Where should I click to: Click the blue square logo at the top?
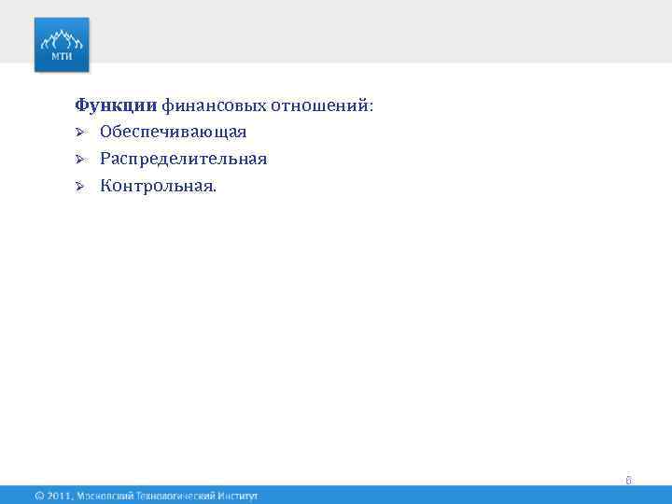click(62, 44)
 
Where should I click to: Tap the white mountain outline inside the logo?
click(62, 38)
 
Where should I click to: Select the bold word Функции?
click(117, 106)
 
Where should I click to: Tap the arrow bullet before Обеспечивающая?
click(81, 133)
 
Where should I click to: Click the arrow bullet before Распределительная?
click(81, 160)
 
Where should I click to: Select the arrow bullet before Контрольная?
click(81, 187)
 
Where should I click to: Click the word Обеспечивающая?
click(174, 133)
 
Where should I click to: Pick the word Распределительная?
click(184, 160)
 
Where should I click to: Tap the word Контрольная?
click(155, 187)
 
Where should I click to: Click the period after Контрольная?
click(214, 190)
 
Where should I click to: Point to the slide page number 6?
click(629, 481)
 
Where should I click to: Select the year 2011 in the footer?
click(59, 496)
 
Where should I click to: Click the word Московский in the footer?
click(109, 496)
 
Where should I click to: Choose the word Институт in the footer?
click(237, 496)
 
